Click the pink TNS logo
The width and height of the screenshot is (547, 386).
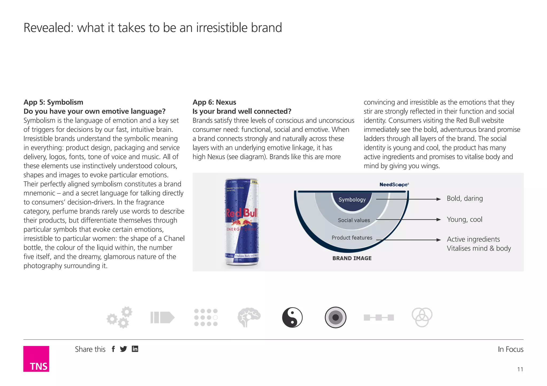click(x=36, y=359)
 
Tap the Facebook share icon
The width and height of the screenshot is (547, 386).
click(x=113, y=349)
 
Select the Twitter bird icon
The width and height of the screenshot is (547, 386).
click(x=123, y=349)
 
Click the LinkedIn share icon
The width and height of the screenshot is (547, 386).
click(x=135, y=349)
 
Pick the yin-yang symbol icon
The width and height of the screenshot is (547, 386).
click(x=292, y=317)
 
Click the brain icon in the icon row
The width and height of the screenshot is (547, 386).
click(x=249, y=317)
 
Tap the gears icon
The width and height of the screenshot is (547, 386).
click(x=120, y=317)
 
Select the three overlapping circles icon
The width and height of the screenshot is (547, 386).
click(x=422, y=317)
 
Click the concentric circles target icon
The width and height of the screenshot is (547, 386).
click(x=335, y=317)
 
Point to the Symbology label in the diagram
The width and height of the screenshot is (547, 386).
click(x=352, y=200)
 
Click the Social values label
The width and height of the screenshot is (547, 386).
click(x=354, y=220)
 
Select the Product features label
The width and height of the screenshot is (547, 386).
click(x=352, y=238)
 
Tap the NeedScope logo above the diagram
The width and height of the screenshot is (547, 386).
click(x=394, y=184)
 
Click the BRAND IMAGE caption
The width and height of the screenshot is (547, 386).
click(x=352, y=258)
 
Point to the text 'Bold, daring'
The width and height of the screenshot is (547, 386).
click(x=465, y=199)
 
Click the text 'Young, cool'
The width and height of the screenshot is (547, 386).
click(x=464, y=219)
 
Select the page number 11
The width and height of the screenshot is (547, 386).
click(x=520, y=369)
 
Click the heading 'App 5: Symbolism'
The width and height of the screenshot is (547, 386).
click(x=53, y=102)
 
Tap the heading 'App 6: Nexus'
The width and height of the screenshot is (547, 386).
click(x=214, y=102)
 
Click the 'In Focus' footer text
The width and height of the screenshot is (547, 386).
click(x=510, y=349)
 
